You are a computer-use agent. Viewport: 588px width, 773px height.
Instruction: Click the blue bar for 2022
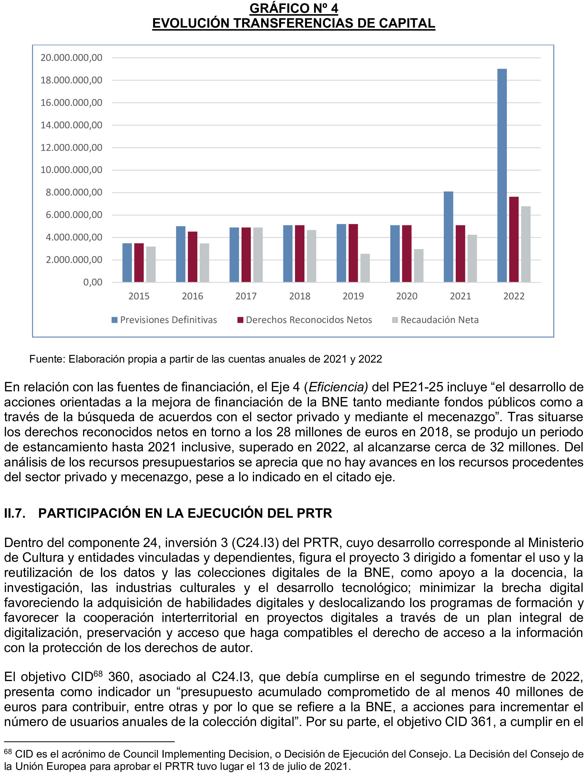click(502, 175)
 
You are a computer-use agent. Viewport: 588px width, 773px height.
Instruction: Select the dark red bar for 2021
click(460, 254)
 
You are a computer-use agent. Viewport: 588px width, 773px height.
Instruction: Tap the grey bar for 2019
click(365, 268)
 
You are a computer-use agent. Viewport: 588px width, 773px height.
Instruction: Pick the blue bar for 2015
click(127, 263)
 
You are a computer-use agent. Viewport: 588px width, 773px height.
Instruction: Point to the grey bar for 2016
click(205, 263)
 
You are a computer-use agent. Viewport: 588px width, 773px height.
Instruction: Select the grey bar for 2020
click(419, 265)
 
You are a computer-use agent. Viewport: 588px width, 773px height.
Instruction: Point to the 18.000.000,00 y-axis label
click(71, 80)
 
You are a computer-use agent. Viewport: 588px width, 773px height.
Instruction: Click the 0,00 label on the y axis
click(92, 282)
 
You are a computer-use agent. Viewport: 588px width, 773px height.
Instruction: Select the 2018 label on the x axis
click(300, 296)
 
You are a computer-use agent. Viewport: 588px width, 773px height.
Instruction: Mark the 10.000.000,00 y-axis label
click(71, 170)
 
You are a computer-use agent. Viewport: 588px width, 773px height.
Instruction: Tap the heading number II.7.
click(15, 513)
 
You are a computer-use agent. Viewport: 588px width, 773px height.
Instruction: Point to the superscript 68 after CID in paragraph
click(98, 673)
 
